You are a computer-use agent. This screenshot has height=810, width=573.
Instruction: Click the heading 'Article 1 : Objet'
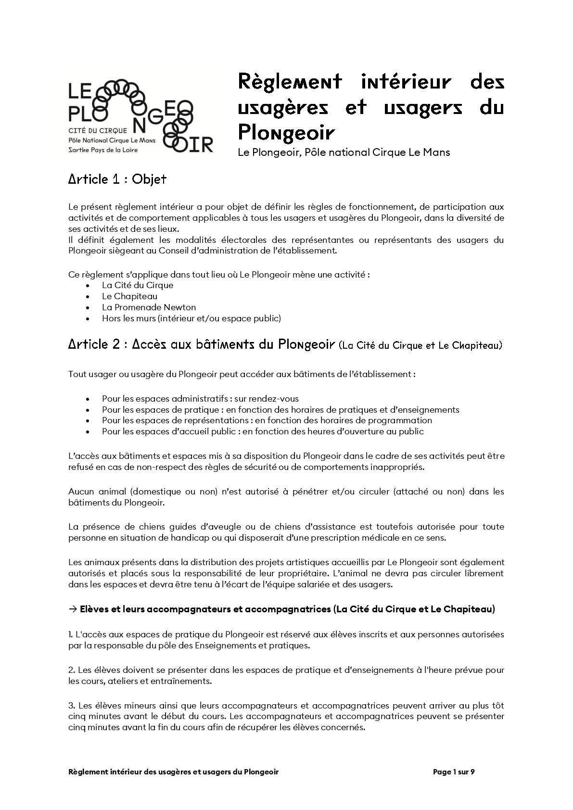pyautogui.click(x=117, y=179)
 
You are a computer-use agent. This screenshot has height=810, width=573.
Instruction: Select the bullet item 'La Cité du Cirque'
pyautogui.click(x=137, y=285)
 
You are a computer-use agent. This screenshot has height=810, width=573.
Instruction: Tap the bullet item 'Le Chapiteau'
pyautogui.click(x=129, y=296)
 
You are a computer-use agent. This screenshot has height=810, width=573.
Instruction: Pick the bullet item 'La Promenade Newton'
pyautogui.click(x=149, y=307)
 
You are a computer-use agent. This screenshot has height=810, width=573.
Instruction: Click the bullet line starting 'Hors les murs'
pyautogui.click(x=191, y=318)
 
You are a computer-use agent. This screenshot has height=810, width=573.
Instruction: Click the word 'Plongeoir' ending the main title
pyautogui.click(x=286, y=131)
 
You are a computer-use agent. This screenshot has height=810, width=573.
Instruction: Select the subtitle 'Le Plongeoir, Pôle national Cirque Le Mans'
pyautogui.click(x=344, y=152)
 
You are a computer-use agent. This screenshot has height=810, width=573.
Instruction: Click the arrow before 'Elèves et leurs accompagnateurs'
pyautogui.click(x=73, y=609)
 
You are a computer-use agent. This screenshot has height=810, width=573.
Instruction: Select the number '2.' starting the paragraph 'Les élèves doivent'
pyautogui.click(x=72, y=670)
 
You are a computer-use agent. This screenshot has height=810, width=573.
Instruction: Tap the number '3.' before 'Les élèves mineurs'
pyautogui.click(x=72, y=706)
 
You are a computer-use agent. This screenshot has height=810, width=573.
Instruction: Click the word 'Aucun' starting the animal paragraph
pyautogui.click(x=81, y=492)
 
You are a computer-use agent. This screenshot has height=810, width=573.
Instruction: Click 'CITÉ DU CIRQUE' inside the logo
pyautogui.click(x=98, y=130)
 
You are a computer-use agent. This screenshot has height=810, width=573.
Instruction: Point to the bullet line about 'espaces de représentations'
pyautogui.click(x=267, y=420)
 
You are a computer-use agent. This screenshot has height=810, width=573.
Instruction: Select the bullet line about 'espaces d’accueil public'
pyautogui.click(x=262, y=431)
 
